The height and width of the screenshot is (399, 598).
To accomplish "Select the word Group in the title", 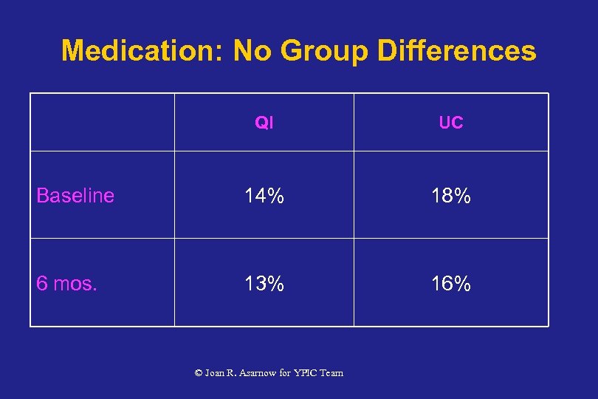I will coord(322,51).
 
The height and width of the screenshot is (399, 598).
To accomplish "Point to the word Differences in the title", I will coord(456,51).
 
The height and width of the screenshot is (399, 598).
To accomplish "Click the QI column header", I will coord(264,123).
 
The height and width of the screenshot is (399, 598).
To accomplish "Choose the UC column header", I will coord(450,123).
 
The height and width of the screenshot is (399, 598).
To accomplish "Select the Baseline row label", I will coord(75,196).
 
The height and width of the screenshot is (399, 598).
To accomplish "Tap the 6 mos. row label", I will coord(66,284).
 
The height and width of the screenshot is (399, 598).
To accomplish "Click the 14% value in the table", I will coord(264,196).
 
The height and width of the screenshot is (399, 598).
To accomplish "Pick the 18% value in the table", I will coord(450,196).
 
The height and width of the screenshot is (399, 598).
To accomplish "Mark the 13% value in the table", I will coord(264,284).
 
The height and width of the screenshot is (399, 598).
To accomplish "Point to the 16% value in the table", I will coord(450,284).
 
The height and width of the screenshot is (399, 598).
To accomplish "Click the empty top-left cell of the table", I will coord(102,123).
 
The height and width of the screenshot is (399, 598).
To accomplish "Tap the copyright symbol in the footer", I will coord(198,373).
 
